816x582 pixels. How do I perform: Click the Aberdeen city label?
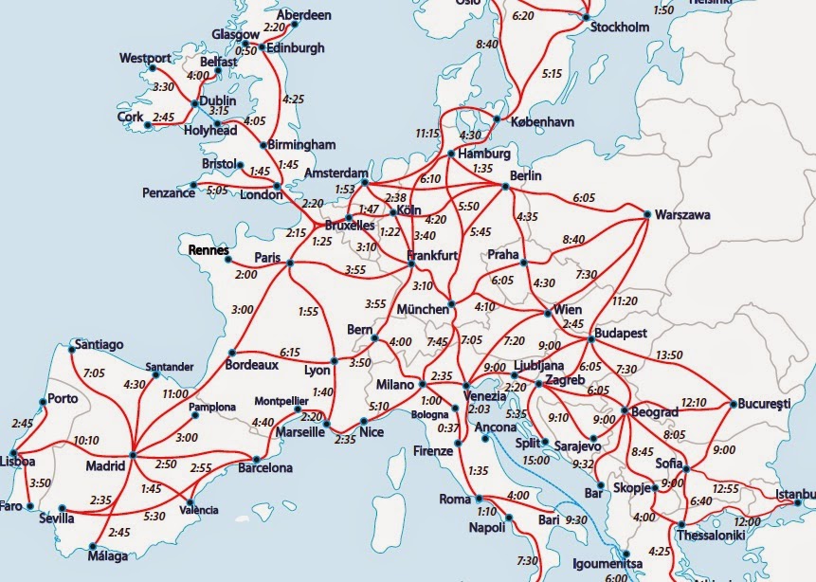coord(304,16)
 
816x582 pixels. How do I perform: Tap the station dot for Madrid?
coord(132,456)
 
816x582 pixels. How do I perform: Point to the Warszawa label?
coord(682,215)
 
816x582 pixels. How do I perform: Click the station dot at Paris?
coord(291,264)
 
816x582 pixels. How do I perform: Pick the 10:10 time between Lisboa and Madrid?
coord(85,440)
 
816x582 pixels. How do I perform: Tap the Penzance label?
coord(168,193)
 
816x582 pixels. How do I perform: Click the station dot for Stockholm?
coord(586,16)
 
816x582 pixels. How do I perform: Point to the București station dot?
coord(733,405)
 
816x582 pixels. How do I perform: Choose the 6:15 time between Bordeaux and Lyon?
coord(290,352)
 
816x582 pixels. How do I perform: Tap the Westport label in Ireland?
coord(145,59)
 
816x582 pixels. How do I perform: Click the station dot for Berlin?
coord(505,187)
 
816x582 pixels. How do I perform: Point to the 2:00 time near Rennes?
coord(245,274)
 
